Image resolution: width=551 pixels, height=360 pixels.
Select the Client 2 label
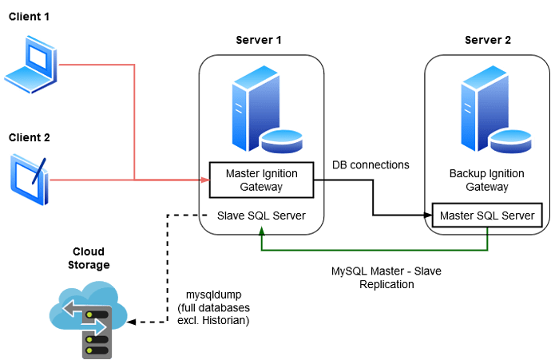click(x=30, y=137)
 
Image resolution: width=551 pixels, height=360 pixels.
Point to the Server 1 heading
click(x=259, y=39)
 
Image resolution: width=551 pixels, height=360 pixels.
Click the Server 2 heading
click(x=488, y=39)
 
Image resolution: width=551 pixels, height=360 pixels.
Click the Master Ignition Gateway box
click(x=260, y=180)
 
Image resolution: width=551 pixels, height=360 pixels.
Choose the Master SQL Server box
click(x=488, y=216)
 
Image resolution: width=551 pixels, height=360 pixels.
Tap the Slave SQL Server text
click(x=260, y=216)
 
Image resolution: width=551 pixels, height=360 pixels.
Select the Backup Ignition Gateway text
click(x=488, y=180)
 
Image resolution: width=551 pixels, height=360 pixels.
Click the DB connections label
click(x=371, y=165)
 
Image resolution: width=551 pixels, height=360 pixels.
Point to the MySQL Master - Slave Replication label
click(x=386, y=278)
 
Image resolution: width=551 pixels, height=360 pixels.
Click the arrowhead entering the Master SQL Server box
click(x=426, y=216)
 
